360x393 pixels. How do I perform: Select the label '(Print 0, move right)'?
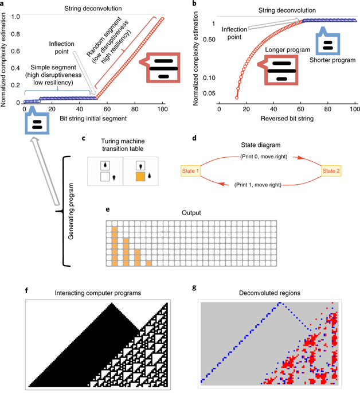260,156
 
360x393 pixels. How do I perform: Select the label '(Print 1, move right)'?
260,185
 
